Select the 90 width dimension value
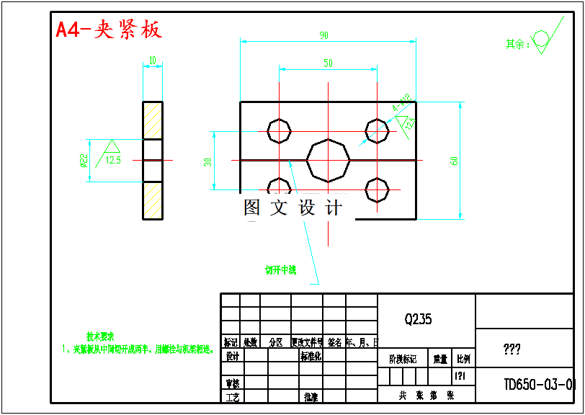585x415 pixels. pos(323,35)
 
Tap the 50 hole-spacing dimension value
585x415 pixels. pos(328,63)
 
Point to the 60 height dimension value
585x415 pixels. pos(455,160)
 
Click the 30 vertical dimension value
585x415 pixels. pos(208,161)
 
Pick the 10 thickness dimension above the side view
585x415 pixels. pos(152,60)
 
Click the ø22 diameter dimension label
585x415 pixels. pos(84,160)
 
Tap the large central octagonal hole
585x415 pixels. pos(329,159)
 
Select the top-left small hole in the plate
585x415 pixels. pos(279,131)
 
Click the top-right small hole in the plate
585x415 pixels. pos(377,131)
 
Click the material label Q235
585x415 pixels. pos(418,318)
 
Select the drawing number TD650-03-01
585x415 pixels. pos(539,384)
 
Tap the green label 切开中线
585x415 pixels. pos(280,270)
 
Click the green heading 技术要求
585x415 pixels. pos(100,336)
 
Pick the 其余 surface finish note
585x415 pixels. pos(517,44)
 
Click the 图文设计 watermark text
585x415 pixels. pos(292,208)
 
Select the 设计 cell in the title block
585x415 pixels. pos(232,356)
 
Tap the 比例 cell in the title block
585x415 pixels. pos(463,358)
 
